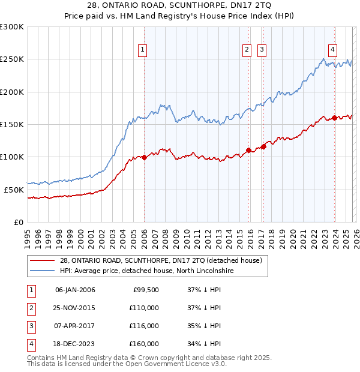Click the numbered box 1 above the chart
coord(143,50)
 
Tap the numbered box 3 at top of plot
coord(262,50)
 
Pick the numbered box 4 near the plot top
coord(332,50)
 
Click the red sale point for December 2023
coord(334,118)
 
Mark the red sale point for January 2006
coord(144,157)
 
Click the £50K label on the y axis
coord(13,190)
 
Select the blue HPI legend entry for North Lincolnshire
coord(146,271)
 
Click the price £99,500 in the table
coord(146,290)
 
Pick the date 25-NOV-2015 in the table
coord(75,308)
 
